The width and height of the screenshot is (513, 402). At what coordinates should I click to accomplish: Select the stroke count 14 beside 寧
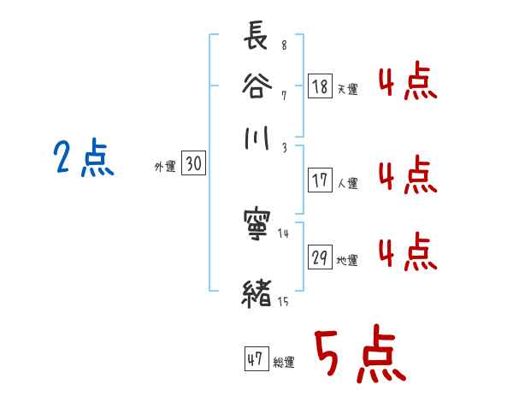click(285, 232)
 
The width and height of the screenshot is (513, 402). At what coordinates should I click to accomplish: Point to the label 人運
click(348, 182)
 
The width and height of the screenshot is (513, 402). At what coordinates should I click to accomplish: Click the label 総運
click(284, 363)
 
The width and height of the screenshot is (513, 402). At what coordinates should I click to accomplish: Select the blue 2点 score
click(83, 158)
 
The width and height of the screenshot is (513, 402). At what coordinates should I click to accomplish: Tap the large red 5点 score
click(358, 356)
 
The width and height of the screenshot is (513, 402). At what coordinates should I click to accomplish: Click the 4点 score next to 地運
click(407, 254)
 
